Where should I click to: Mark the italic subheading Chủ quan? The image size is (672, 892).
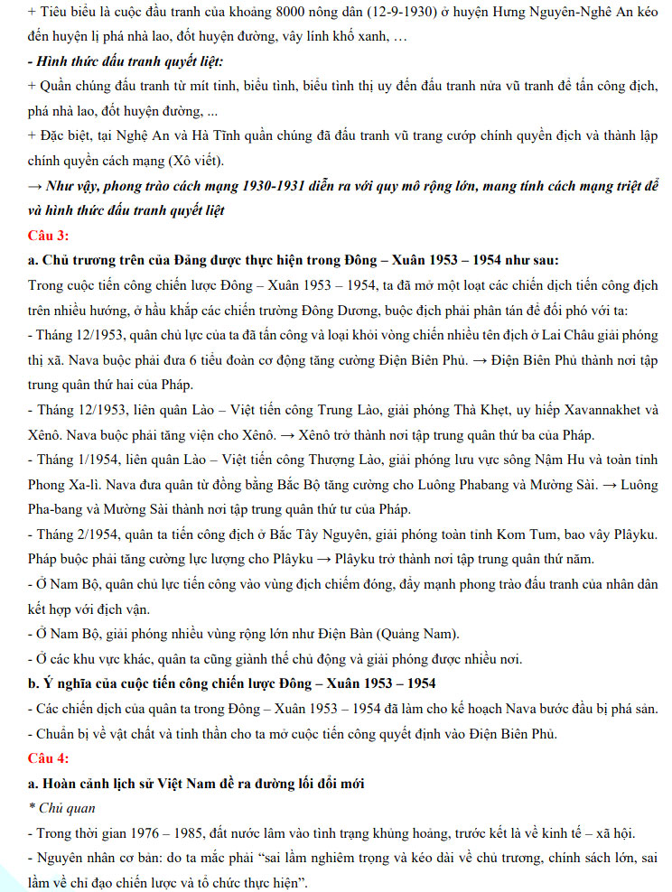pos(66,807)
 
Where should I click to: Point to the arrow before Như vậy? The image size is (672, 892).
pos(37,187)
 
